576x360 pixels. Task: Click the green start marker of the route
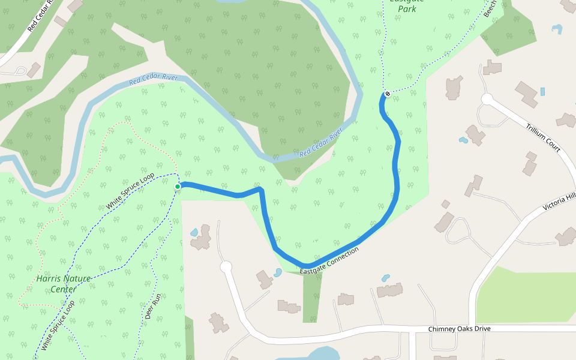tap(178, 187)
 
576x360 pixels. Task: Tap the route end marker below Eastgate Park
tap(388, 94)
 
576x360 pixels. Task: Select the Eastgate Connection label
tap(329, 261)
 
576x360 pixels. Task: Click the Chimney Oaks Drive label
tap(459, 329)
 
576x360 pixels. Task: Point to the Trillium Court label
tap(542, 138)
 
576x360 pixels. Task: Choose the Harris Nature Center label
tap(64, 284)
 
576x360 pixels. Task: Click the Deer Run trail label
tap(153, 306)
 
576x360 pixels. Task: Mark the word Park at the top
tap(407, 10)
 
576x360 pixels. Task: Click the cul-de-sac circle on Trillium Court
tap(487, 98)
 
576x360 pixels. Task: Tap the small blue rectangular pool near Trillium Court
tap(542, 92)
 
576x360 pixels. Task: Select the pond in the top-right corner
tap(557, 28)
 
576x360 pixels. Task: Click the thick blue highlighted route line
tap(397, 180)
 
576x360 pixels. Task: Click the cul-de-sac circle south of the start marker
tap(226, 266)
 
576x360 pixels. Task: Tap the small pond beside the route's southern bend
tap(277, 272)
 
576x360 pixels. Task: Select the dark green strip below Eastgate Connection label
tap(312, 297)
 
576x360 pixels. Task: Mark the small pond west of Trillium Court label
tap(463, 140)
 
